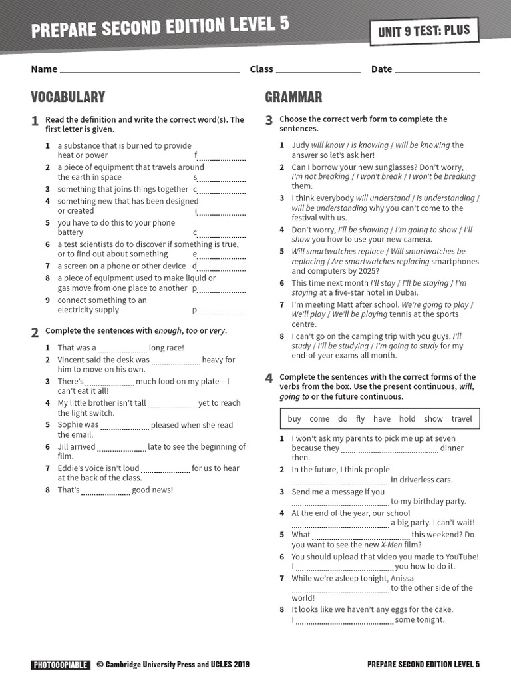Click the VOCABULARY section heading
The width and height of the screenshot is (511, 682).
coord(68,97)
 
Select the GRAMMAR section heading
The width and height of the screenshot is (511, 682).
coord(293,97)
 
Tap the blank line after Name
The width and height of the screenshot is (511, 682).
coord(150,70)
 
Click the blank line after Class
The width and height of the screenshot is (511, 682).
coord(318,70)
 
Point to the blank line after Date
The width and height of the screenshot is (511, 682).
coord(437,70)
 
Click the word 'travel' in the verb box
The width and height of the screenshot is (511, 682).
coord(461,419)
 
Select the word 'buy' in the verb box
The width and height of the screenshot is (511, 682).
coord(294,419)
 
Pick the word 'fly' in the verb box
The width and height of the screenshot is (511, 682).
coord(360,419)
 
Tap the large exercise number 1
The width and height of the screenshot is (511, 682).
coord(35,121)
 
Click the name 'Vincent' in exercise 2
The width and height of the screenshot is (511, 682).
coord(73,360)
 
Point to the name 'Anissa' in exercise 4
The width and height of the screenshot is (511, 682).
coord(401,578)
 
